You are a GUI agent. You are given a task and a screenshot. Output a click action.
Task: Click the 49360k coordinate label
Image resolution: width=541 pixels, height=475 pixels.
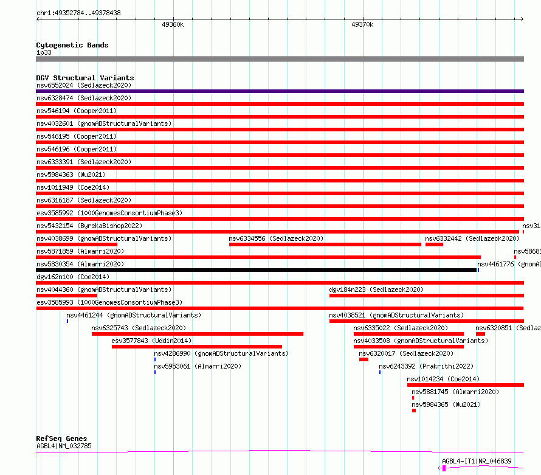[173, 24]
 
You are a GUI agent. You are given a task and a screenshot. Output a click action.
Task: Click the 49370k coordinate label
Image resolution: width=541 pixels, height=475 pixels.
[362, 24]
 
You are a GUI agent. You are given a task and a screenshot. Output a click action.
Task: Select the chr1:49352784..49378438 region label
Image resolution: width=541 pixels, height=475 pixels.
[78, 13]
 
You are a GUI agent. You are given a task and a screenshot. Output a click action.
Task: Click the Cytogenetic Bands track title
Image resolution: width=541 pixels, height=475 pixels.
[72, 45]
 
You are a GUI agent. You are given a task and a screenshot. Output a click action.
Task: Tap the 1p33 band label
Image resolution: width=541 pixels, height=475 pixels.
[44, 53]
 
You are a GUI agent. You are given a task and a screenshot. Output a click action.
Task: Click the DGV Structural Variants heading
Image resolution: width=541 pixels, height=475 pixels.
[84, 78]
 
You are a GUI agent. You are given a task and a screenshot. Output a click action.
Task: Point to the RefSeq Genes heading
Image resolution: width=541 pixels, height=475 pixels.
[61, 439]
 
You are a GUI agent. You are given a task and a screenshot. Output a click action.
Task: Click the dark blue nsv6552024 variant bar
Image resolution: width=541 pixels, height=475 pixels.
[280, 91]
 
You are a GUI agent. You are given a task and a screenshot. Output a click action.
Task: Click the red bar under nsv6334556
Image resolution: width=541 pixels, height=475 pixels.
[325, 244]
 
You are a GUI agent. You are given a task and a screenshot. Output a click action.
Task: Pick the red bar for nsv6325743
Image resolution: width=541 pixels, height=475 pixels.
[197, 334]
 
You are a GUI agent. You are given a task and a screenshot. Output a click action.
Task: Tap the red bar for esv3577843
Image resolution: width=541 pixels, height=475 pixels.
[196, 347]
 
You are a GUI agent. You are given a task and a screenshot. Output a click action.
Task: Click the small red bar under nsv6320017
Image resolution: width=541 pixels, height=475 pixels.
[364, 359]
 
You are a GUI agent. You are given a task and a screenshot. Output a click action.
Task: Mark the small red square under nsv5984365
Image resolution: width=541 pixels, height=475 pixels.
[414, 411]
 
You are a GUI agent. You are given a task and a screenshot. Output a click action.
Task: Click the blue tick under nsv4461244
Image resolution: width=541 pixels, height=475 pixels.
[67, 321]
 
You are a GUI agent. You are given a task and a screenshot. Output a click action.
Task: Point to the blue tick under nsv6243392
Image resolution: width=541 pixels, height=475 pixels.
[380, 372]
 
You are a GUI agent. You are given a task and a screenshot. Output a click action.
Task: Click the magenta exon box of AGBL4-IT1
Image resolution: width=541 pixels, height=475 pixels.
[444, 468]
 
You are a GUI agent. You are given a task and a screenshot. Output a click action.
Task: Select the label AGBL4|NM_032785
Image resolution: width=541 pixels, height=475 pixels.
[64, 446]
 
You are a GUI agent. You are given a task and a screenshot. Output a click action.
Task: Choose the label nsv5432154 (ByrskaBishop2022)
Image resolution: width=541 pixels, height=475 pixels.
[89, 226]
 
